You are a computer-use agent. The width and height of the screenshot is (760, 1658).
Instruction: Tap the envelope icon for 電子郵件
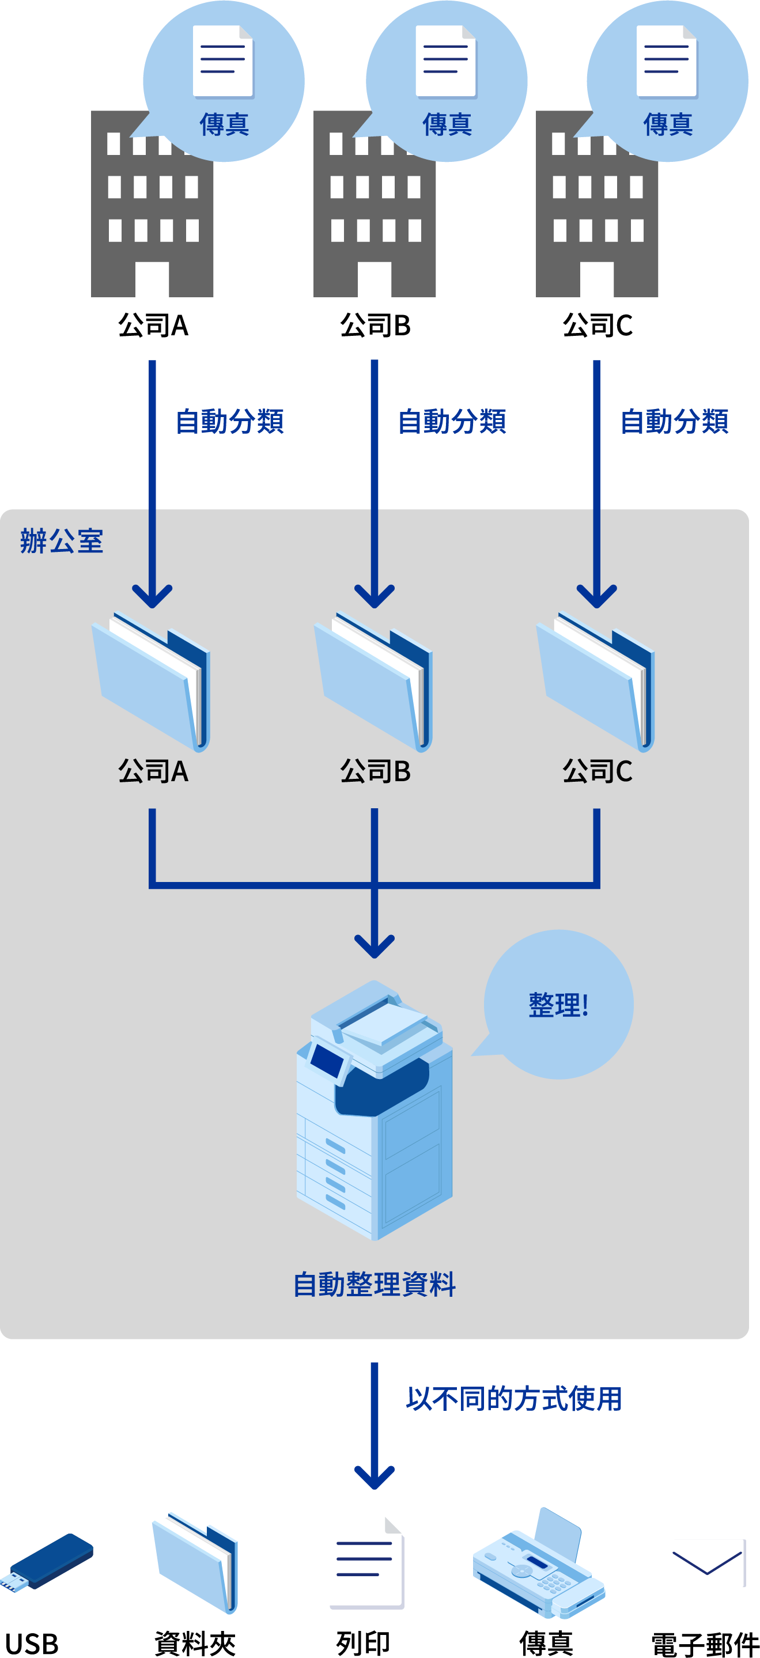click(708, 1561)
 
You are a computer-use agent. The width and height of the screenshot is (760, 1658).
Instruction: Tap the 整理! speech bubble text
click(558, 1005)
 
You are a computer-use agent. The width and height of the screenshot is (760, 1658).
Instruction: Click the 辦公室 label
click(62, 540)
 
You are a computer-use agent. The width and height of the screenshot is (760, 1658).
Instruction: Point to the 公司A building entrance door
click(152, 279)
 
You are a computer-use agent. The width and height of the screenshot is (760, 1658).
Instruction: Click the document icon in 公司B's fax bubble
click(446, 61)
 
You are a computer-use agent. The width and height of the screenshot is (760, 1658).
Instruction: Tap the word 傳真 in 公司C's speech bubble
click(668, 124)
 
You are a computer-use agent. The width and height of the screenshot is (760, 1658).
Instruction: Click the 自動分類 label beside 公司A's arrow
click(230, 422)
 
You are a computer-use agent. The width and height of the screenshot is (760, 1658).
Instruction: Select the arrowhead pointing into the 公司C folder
click(596, 595)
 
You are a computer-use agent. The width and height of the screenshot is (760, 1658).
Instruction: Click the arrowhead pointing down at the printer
click(375, 946)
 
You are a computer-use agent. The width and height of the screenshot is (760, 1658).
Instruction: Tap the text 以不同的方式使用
click(513, 1399)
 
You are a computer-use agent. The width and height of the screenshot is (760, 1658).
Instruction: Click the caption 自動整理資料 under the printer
click(375, 1285)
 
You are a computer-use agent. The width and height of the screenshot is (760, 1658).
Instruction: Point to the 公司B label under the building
click(375, 325)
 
